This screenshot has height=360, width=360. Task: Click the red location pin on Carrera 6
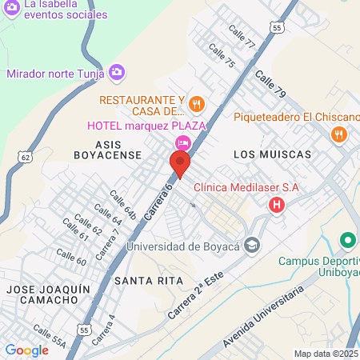tap(180, 164)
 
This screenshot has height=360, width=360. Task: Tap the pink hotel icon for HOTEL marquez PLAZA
tap(182, 142)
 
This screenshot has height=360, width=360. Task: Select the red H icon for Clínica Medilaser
tap(277, 205)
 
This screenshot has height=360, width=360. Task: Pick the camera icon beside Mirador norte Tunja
tap(117, 73)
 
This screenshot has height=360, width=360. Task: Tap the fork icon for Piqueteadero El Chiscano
tap(340, 134)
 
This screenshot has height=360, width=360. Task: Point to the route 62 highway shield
tap(26, 158)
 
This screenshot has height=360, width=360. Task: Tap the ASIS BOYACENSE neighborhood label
tap(107, 150)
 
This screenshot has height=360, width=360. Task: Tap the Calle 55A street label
tap(49, 335)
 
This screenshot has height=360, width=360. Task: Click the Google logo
tap(26, 350)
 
